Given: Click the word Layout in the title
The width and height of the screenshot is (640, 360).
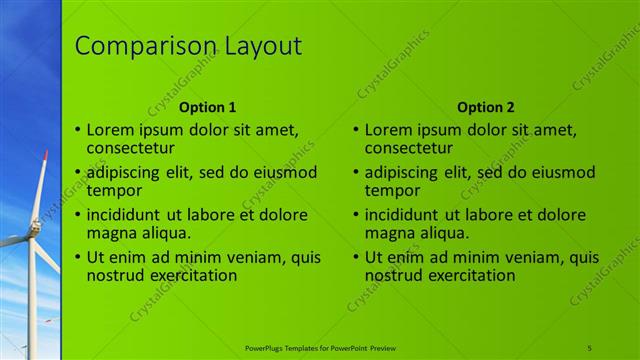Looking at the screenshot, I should pos(259,47).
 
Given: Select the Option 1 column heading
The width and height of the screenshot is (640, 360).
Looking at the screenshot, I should pos(207,107).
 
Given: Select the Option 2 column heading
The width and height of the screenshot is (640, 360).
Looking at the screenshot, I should pos(485,107).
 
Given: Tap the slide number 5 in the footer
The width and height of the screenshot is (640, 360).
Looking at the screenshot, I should pos(590,347).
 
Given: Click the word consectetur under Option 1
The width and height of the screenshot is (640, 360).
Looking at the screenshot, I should pos(128,149).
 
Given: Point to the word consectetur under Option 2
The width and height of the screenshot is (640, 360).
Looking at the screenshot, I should pos(406,149).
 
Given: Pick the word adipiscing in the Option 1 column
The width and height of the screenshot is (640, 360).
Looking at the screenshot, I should pos(127,171).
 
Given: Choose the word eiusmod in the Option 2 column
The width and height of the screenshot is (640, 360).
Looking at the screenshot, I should pos(560,171).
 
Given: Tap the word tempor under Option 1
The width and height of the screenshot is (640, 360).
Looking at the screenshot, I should pos(114,190).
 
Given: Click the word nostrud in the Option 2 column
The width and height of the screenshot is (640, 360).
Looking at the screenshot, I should pos(396,275).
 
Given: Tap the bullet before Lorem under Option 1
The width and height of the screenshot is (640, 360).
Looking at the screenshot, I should pos(78,129).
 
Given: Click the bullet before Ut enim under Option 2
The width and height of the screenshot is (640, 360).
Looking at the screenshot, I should pos(356,256).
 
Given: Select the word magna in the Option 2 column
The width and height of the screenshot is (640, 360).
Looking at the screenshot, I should pos(390,233).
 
